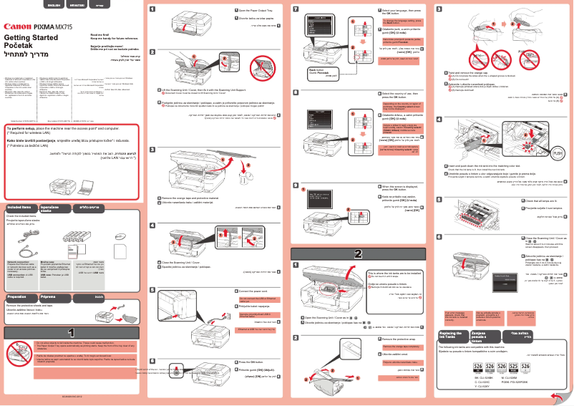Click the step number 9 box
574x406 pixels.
(x=297, y=185)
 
